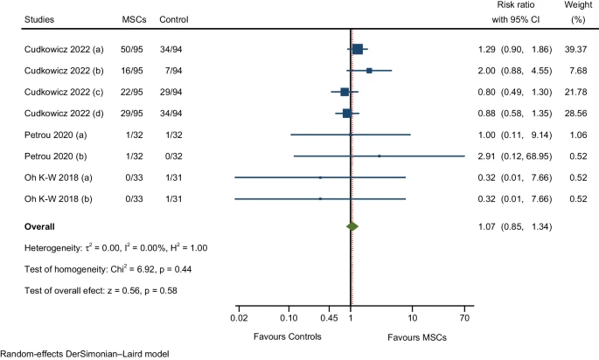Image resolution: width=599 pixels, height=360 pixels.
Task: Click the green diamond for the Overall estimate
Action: tap(352, 226)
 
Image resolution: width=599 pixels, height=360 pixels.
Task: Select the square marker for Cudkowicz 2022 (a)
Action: tap(357, 50)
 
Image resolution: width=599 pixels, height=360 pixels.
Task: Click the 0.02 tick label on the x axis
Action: tap(237, 318)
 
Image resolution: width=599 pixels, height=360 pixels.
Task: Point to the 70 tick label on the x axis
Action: tap(464, 318)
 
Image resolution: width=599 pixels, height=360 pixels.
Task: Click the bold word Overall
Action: tap(44, 226)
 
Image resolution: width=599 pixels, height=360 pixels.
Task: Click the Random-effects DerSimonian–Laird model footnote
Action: tap(83, 354)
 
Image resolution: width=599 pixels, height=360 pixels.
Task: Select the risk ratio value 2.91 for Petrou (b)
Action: tap(486, 156)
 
